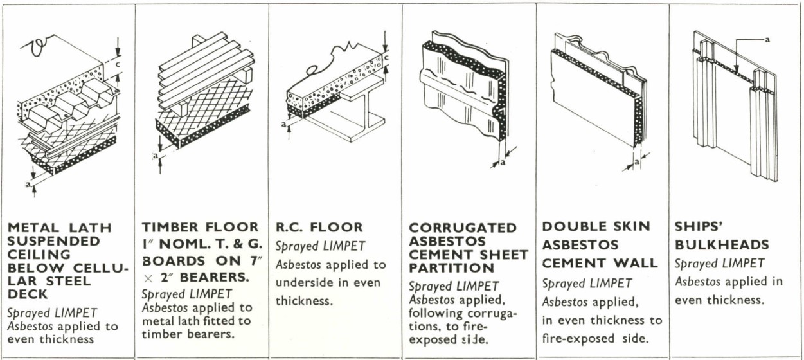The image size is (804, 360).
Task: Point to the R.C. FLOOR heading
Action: click(x=319, y=227)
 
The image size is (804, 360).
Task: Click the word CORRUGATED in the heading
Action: click(x=463, y=228)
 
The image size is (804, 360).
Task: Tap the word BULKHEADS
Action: click(x=722, y=244)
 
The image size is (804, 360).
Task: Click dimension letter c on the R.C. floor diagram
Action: click(x=388, y=59)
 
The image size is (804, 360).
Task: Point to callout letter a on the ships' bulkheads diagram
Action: click(x=766, y=39)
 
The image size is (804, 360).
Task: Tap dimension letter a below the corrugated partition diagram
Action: click(x=503, y=162)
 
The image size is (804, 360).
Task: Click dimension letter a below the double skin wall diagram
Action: click(x=636, y=163)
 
